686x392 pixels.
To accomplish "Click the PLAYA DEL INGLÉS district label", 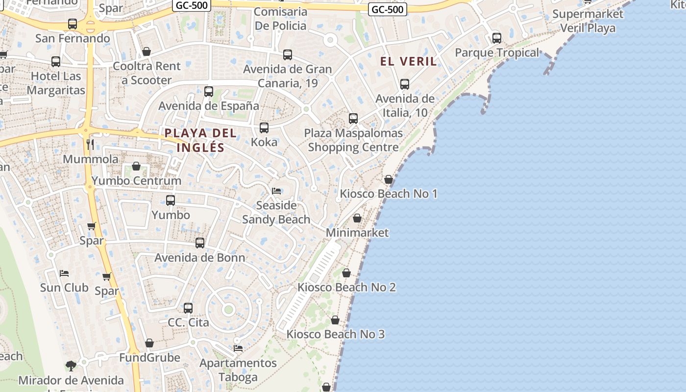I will (x=200, y=140).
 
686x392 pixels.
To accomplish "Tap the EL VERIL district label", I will (x=409, y=61).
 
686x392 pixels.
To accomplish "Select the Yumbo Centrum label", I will (x=136, y=180).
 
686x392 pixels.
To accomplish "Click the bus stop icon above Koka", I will (x=264, y=128).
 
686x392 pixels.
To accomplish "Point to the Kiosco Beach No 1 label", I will (x=389, y=194).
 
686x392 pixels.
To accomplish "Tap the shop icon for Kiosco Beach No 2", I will (x=346, y=273).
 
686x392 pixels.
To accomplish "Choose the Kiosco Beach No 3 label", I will (x=336, y=334).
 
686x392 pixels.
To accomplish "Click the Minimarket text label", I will (x=357, y=232).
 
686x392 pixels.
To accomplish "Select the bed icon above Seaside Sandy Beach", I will (x=276, y=191).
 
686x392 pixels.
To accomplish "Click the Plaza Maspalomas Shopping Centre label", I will (x=353, y=140).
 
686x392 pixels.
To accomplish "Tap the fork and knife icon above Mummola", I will (x=90, y=144).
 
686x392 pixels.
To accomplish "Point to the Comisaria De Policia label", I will (x=281, y=19).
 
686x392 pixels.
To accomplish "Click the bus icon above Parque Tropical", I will (x=496, y=38).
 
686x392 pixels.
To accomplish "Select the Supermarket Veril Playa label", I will (x=588, y=21).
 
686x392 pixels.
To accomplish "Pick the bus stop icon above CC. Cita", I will (x=188, y=308).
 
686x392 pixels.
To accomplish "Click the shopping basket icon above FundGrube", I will (x=149, y=343).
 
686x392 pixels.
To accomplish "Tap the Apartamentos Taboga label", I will (x=238, y=370).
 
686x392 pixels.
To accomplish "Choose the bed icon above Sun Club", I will (x=64, y=273).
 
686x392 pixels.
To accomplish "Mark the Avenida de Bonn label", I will (x=200, y=258).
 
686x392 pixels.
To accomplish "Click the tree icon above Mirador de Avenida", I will (x=71, y=366).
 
